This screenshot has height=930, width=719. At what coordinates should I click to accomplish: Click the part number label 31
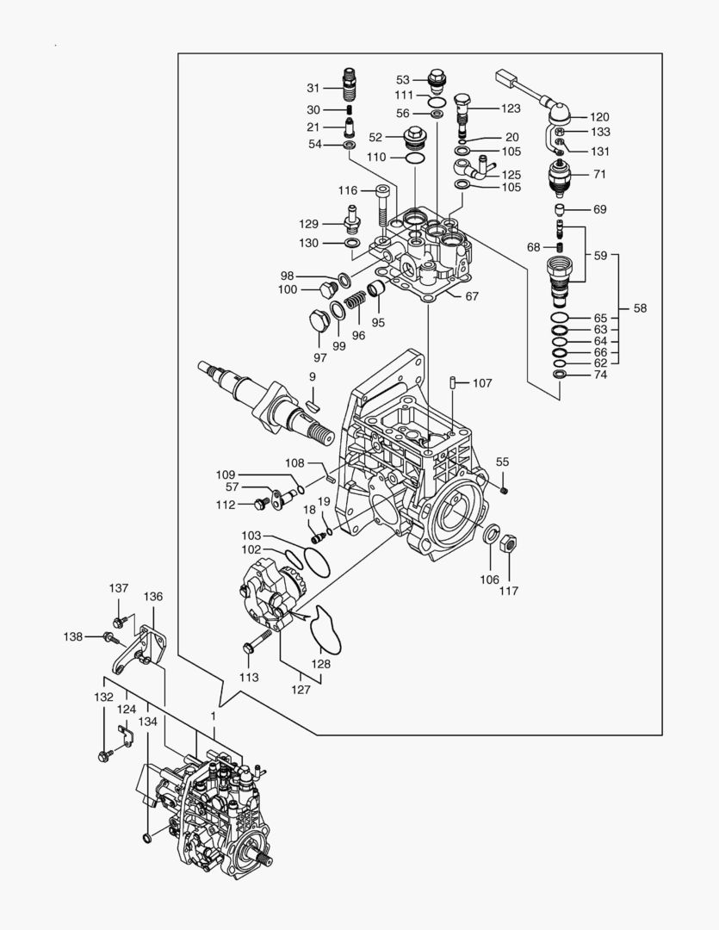pyautogui.click(x=313, y=88)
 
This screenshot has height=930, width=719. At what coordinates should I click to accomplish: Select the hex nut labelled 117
pyautogui.click(x=509, y=544)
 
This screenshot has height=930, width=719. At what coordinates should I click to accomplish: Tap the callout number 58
pyautogui.click(x=640, y=308)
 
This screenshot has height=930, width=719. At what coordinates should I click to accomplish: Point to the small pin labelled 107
pyautogui.click(x=453, y=382)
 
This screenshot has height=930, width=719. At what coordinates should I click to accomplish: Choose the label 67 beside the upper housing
pyautogui.click(x=472, y=296)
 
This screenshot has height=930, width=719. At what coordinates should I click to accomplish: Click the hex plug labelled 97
pyautogui.click(x=319, y=322)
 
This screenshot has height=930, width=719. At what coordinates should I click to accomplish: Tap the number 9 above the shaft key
pyautogui.click(x=312, y=376)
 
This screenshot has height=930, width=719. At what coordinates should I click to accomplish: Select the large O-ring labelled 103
pyautogui.click(x=316, y=561)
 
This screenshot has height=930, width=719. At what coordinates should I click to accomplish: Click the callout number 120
pyautogui.click(x=599, y=117)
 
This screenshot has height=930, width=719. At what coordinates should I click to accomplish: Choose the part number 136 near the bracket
pyautogui.click(x=153, y=597)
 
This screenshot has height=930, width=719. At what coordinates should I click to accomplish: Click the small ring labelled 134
pyautogui.click(x=147, y=838)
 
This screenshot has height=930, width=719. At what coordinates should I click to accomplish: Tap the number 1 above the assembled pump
pyautogui.click(x=213, y=716)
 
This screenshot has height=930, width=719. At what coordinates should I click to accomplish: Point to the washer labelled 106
pyautogui.click(x=491, y=534)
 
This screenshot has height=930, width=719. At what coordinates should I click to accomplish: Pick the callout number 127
pyautogui.click(x=301, y=690)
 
